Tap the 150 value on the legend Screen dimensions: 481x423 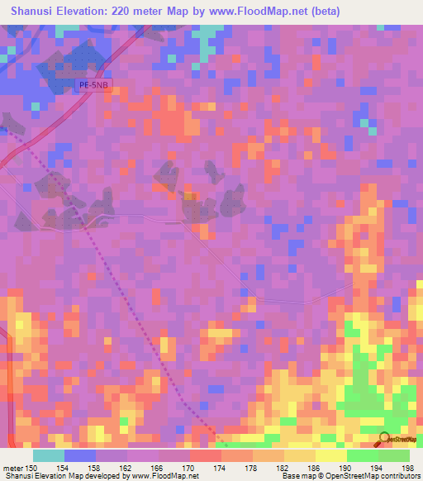coord(32,469)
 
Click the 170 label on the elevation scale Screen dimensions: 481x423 coord(190,469)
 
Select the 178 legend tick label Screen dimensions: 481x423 coord(253,469)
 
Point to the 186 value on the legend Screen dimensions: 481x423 coord(316,469)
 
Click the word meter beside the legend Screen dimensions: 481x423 coord(12,469)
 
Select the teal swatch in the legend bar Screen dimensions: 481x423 coord(48,455)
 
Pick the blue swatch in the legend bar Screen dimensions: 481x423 coord(79,455)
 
